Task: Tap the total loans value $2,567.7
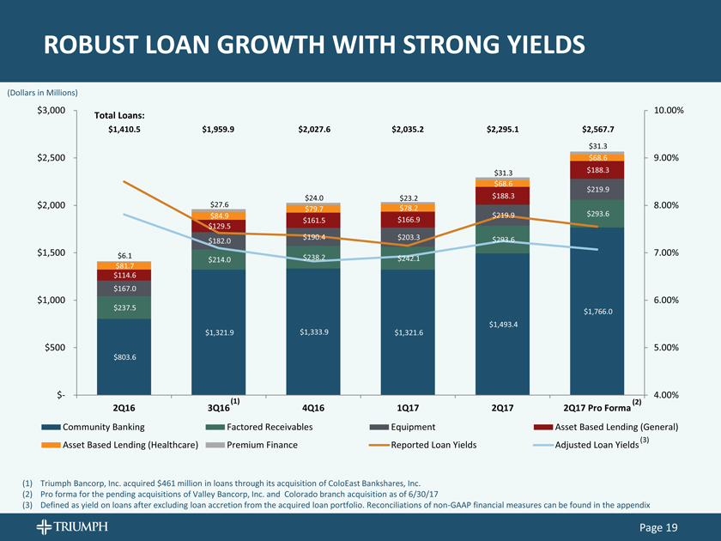pos(597,130)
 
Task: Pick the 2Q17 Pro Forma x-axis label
pos(592,407)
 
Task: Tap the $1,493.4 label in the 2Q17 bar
pos(503,324)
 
